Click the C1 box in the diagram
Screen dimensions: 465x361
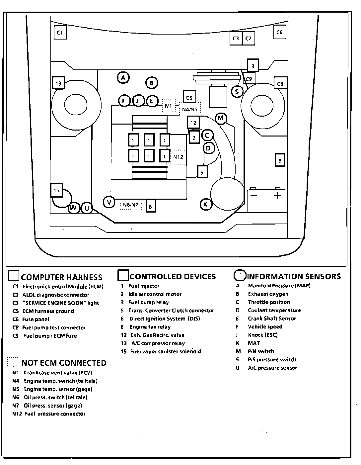60,33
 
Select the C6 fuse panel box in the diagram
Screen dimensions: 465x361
280,32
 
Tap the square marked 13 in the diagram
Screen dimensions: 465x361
58,83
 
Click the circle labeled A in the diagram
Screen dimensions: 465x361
123,78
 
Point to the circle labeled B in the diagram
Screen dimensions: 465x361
151,83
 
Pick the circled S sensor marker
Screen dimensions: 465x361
237,91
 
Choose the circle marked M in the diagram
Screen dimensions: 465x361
221,118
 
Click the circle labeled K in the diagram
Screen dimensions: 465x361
206,204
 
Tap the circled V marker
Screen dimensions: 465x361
109,202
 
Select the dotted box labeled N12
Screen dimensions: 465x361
178,157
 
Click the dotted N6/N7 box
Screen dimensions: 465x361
131,205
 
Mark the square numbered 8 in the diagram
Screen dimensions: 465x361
280,161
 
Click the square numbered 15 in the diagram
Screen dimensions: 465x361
56,190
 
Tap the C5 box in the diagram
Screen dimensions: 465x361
189,98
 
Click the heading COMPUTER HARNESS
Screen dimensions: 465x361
61,277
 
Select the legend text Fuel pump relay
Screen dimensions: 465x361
149,302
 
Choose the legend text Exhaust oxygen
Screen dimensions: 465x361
268,294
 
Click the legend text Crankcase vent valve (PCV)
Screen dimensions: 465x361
58,373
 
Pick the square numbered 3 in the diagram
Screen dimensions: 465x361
253,66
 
